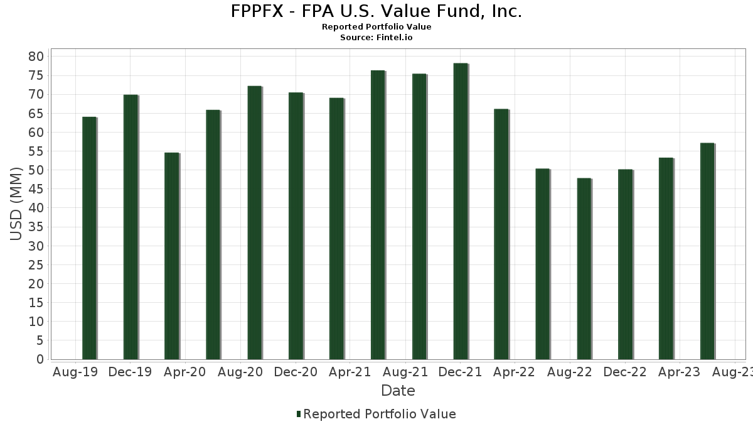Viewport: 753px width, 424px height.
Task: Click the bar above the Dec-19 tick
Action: [x=131, y=227]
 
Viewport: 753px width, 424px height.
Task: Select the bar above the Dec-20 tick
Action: [x=296, y=226]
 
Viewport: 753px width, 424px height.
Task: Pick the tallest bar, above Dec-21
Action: [x=461, y=211]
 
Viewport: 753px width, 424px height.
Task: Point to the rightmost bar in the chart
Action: [x=707, y=251]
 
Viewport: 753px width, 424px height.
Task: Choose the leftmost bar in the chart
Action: [x=89, y=238]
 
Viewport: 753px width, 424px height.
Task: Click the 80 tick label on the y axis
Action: [x=36, y=57]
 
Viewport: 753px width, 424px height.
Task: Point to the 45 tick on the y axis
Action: [x=36, y=189]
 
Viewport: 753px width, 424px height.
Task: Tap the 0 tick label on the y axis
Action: [x=40, y=359]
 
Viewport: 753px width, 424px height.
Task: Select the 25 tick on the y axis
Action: [x=36, y=264]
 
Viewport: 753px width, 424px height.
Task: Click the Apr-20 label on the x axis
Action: [x=185, y=372]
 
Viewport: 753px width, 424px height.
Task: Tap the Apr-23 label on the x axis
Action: [x=679, y=372]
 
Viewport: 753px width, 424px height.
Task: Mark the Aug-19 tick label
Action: [x=75, y=372]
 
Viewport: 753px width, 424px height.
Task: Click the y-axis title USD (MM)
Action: [x=17, y=203]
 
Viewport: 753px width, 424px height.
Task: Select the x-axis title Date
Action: [x=398, y=391]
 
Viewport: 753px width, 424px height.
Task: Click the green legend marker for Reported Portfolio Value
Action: [x=299, y=414]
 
